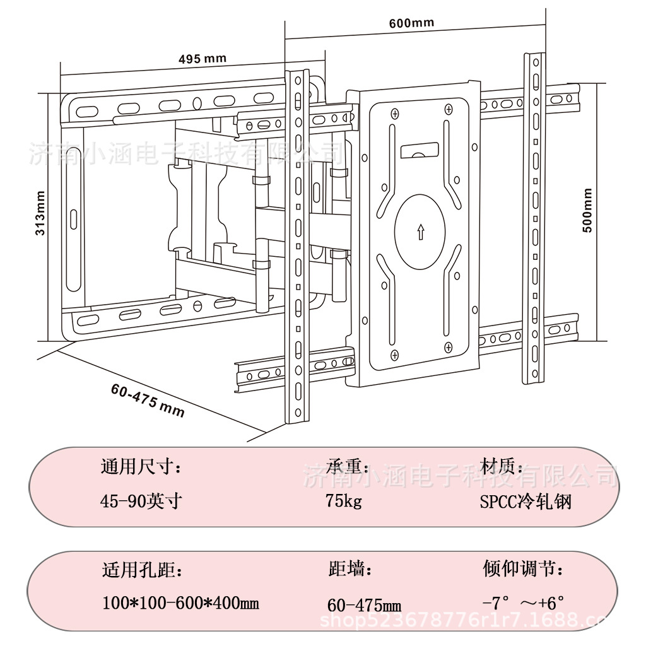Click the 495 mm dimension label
202,59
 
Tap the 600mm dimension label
411,23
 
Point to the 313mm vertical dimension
40,213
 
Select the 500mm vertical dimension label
587,210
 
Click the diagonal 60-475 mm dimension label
148,401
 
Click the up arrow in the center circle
420,232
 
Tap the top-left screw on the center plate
394,114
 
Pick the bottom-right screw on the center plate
449,346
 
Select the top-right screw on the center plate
448,110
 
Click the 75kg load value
344,502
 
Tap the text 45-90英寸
141,502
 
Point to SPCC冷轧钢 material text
526,502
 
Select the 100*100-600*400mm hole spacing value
180,604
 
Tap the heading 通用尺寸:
141,467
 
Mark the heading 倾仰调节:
523,570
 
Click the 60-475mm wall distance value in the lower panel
364,606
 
